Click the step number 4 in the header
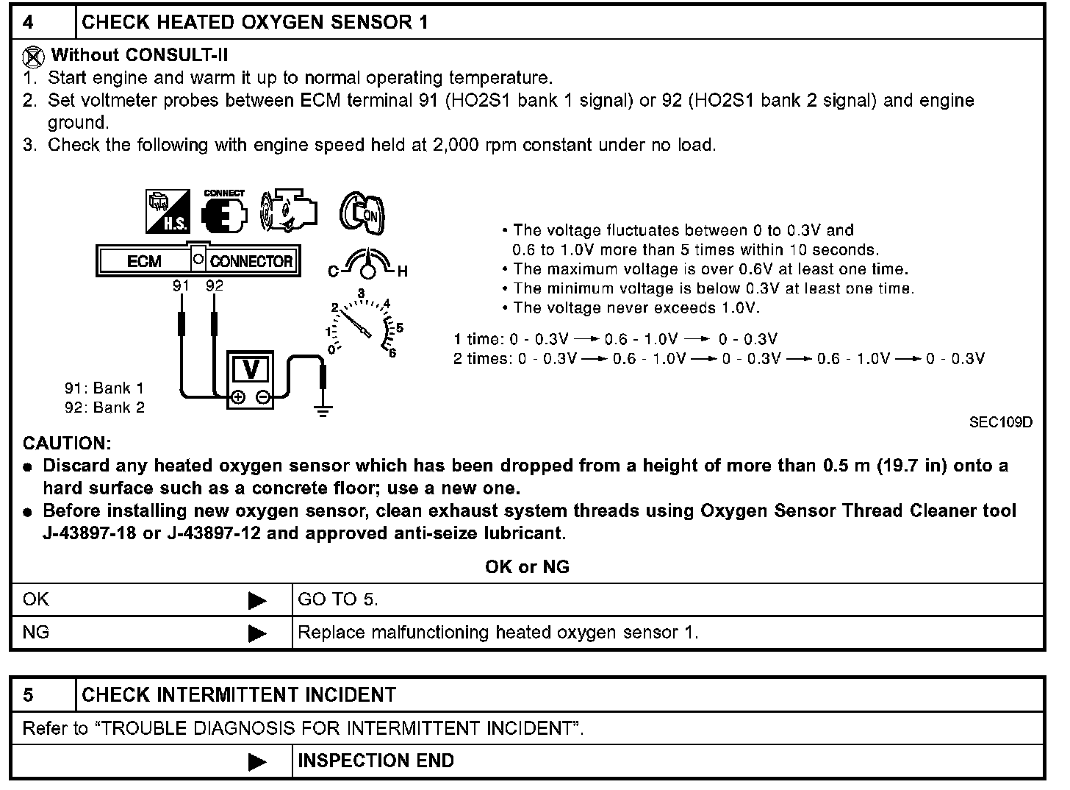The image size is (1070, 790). (28, 22)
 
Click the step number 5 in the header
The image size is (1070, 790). (28, 695)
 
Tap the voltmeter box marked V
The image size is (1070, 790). (250, 369)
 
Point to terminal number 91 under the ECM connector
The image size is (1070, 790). (181, 285)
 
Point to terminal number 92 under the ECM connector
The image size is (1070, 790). (214, 285)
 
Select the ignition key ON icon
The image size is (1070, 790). (362, 213)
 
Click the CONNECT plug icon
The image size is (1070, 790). (223, 212)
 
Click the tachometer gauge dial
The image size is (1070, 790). (363, 325)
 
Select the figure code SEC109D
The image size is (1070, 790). (1000, 422)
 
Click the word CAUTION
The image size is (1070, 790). (67, 444)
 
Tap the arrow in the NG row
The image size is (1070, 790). (257, 633)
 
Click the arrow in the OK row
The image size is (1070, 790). (257, 600)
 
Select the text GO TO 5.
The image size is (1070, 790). (338, 599)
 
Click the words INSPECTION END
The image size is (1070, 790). (376, 761)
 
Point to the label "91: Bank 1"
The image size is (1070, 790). (104, 388)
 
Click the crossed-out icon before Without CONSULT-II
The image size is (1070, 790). (34, 56)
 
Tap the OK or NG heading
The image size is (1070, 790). (527, 566)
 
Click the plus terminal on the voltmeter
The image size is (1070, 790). (238, 398)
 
